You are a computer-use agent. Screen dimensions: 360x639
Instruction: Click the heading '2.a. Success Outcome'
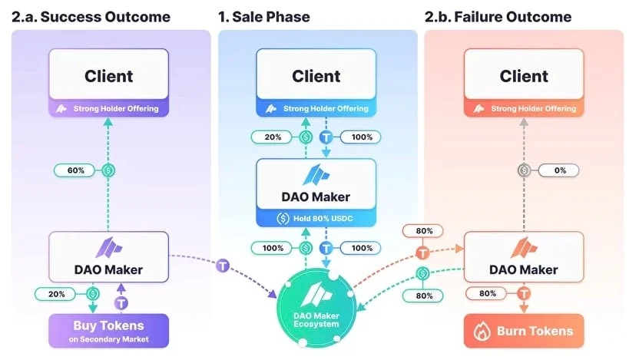(x=91, y=16)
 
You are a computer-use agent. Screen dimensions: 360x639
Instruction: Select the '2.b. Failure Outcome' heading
(x=498, y=16)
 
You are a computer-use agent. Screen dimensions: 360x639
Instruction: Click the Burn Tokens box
(x=523, y=331)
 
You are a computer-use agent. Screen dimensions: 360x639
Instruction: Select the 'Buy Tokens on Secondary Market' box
(x=108, y=332)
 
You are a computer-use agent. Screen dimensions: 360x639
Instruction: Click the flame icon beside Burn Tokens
(x=483, y=331)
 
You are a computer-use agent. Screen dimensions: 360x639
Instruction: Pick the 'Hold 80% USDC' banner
(x=316, y=218)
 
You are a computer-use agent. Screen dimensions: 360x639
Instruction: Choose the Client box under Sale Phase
(x=316, y=76)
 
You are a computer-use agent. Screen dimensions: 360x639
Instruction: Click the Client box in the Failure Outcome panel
(x=524, y=76)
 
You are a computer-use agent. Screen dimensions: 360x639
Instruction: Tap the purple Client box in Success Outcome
(x=108, y=76)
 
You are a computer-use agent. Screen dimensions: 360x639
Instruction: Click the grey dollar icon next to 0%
(x=525, y=170)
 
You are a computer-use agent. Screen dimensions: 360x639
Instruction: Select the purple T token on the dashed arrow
(x=223, y=265)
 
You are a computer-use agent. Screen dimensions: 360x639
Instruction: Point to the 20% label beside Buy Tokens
(x=56, y=292)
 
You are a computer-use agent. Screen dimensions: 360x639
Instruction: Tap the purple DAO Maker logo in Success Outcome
(x=108, y=247)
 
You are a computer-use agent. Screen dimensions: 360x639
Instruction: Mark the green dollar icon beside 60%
(x=108, y=170)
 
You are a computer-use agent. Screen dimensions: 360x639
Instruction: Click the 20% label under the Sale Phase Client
(x=272, y=137)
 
